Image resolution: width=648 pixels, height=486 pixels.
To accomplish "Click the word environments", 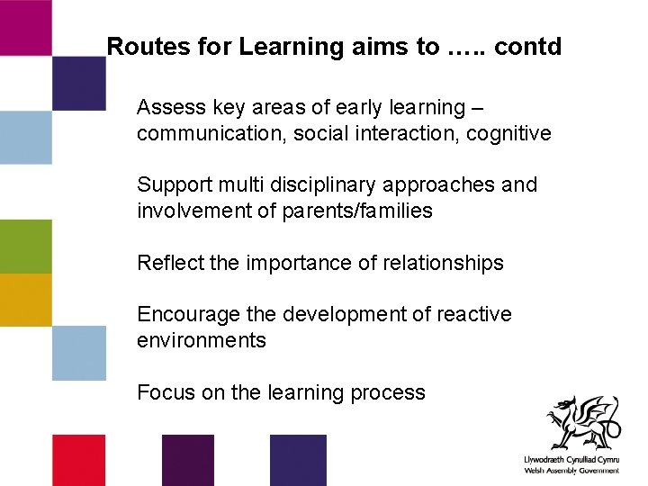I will coord(202,340).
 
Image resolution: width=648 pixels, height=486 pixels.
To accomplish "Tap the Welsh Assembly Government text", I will coord(571,471).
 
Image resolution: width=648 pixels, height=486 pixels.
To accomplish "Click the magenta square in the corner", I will coord(25,27).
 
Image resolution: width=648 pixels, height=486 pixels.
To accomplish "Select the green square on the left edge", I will coord(25,246).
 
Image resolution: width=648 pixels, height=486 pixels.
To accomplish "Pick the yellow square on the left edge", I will coord(25,300).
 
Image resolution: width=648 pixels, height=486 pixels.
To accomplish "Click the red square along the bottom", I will coord(78,460).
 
